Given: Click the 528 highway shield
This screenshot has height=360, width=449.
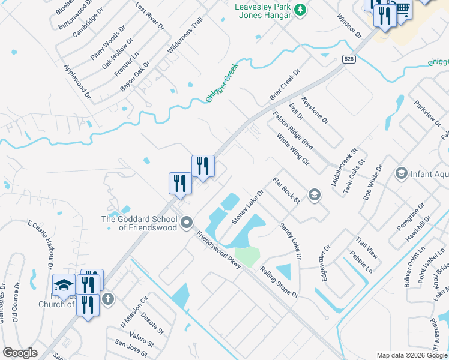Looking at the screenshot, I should point(348,59).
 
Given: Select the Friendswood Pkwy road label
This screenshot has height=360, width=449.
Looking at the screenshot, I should point(217,249).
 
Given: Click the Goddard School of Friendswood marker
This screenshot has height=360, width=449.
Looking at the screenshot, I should point(187,223).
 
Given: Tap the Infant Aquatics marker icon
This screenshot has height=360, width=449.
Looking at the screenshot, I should point(401,174).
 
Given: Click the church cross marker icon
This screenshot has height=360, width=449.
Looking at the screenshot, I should point(108,299).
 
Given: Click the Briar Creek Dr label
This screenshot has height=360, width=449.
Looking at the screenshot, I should point(285,85).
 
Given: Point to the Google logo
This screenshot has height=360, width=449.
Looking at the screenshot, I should point(20,353).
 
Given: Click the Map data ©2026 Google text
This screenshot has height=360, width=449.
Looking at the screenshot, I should point(411,355).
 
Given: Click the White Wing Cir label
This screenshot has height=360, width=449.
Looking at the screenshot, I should point(292,151).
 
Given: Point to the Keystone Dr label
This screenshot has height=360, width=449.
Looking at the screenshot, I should point(315,110).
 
